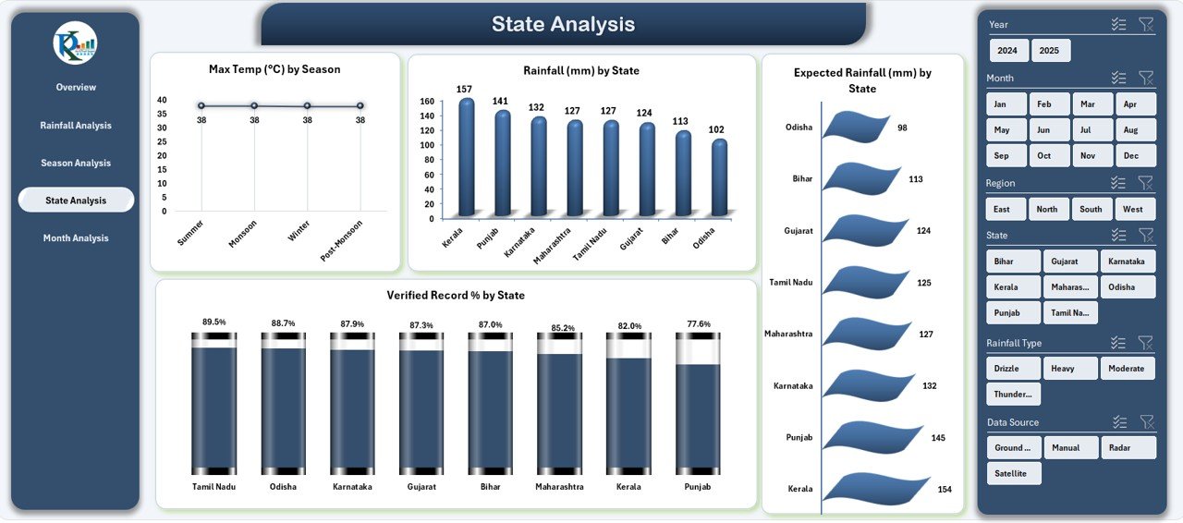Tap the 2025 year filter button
tap(1050, 51)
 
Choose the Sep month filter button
tap(1002, 155)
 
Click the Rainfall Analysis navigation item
tap(75, 126)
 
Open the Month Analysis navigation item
tap(75, 238)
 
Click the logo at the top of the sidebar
tap(75, 43)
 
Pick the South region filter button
tap(1091, 209)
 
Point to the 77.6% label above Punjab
tap(699, 324)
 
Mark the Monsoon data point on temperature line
tap(254, 106)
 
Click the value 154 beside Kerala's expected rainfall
tap(945, 489)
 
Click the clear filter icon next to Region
tap(1146, 183)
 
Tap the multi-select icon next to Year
tap(1118, 25)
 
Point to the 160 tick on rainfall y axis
tap(427, 102)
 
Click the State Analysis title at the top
tap(563, 24)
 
